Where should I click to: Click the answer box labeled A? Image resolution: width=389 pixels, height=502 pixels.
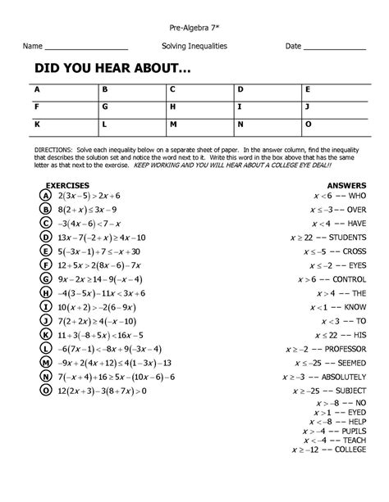tap(62, 90)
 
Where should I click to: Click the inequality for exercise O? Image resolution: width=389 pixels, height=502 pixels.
tap(99, 391)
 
